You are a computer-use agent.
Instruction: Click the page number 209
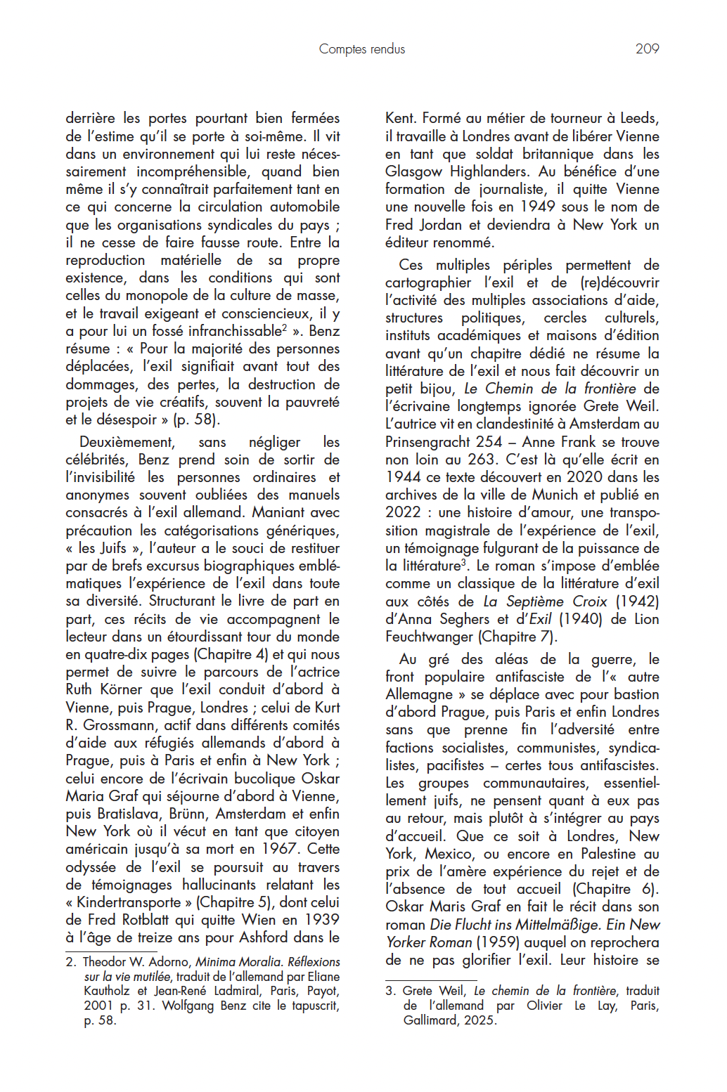pos(647,48)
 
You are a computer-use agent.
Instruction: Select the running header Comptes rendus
pos(362,48)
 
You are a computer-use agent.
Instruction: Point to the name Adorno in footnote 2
pos(169,962)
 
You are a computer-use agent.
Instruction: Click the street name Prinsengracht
pos(430,442)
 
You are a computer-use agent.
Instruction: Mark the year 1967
pos(278,849)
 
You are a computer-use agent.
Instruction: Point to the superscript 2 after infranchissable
pos(284,327)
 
